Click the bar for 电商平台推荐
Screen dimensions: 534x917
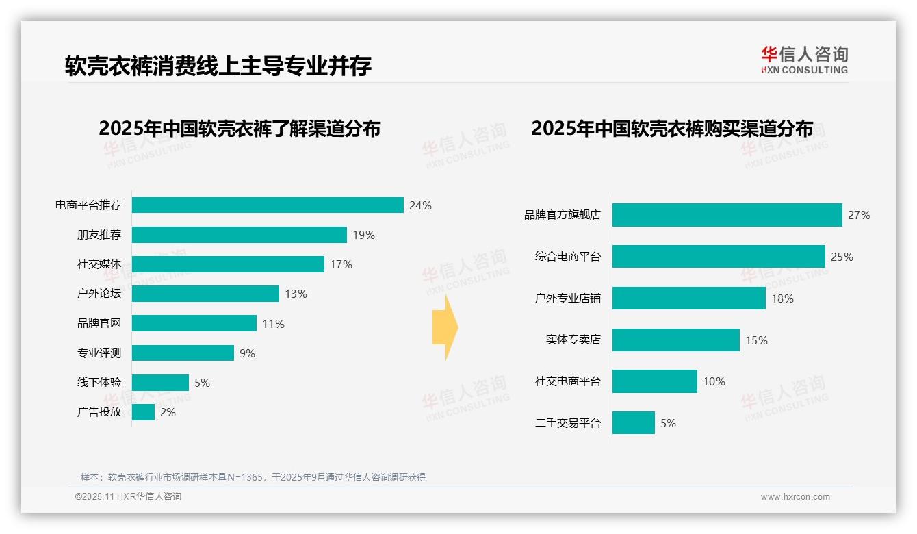[268, 205]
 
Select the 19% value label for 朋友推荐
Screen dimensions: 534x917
[363, 235]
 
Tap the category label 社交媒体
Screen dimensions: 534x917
[99, 264]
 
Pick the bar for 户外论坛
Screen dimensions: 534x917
[205, 294]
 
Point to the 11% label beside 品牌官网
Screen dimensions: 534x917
[273, 324]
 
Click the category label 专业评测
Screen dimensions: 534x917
[99, 353]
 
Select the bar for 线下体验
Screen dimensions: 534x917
[160, 383]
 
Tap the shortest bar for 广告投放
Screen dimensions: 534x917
[143, 412]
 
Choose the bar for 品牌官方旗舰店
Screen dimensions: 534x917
[727, 215]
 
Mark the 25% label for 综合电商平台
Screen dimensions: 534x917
[842, 257]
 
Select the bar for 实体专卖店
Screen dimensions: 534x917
[675, 340]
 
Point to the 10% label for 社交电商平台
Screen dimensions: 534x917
[714, 381]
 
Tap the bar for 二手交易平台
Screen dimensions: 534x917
[633, 423]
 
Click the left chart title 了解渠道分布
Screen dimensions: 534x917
[240, 129]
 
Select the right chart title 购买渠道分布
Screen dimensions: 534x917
[672, 129]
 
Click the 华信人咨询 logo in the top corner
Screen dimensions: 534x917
[804, 60]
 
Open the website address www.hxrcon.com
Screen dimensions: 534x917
[795, 497]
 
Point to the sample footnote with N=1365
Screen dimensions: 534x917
[253, 477]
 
